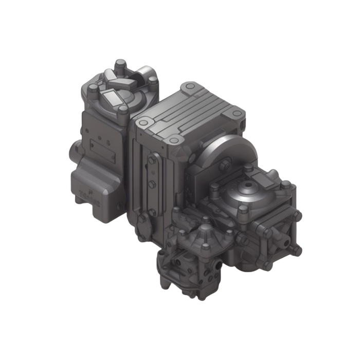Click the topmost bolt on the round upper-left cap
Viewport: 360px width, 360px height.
coord(120,64)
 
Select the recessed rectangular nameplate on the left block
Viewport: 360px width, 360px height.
coord(101,146)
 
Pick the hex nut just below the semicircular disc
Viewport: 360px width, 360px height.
coord(225,165)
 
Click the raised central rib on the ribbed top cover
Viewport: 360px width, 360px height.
coord(190,114)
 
